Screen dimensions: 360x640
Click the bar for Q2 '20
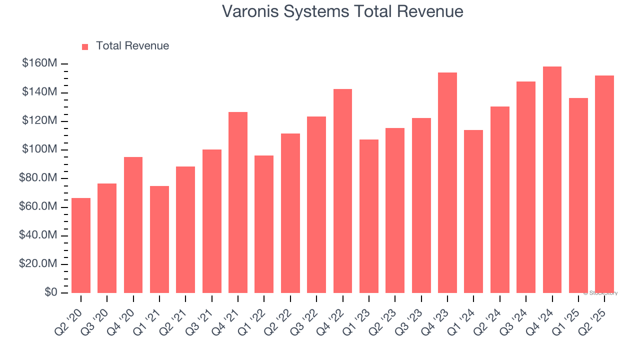point(81,245)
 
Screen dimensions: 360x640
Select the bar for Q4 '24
point(552,179)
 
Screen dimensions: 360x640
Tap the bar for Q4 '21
point(238,202)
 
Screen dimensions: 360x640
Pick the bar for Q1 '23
point(369,216)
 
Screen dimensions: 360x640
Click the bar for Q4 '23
point(447,182)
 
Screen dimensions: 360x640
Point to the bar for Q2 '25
point(604,184)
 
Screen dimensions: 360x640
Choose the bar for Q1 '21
point(159,239)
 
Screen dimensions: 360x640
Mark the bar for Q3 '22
point(316,204)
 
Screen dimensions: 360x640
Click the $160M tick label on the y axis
point(39,64)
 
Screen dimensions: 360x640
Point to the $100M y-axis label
point(39,150)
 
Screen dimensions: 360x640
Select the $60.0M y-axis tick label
point(38,207)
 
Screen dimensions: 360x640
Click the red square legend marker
point(85,46)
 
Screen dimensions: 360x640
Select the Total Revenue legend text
point(132,46)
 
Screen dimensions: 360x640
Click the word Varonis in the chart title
point(250,11)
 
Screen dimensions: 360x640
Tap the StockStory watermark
point(601,293)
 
